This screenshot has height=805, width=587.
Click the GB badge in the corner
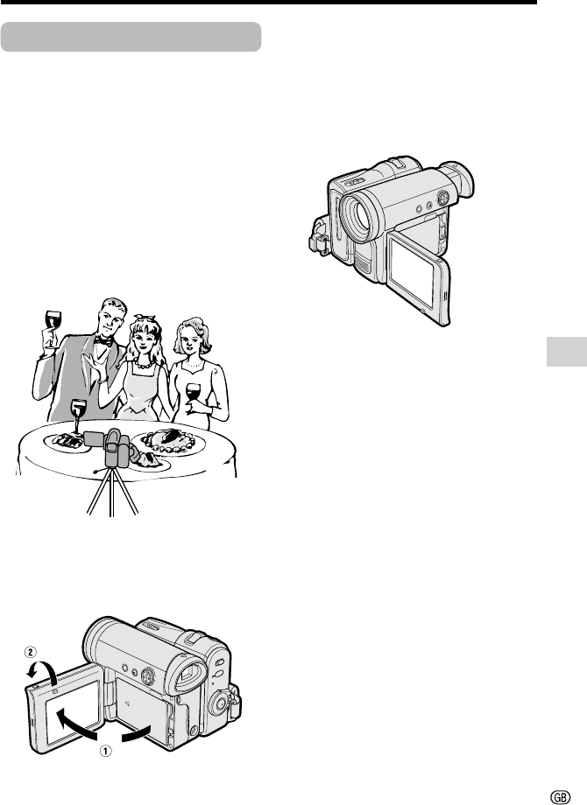click(x=560, y=797)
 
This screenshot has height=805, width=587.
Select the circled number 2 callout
click(x=31, y=652)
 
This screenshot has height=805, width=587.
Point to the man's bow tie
click(x=103, y=341)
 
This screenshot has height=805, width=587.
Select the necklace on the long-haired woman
click(x=143, y=366)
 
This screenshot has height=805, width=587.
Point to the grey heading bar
click(x=131, y=37)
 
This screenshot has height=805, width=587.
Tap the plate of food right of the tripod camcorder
click(x=168, y=443)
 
